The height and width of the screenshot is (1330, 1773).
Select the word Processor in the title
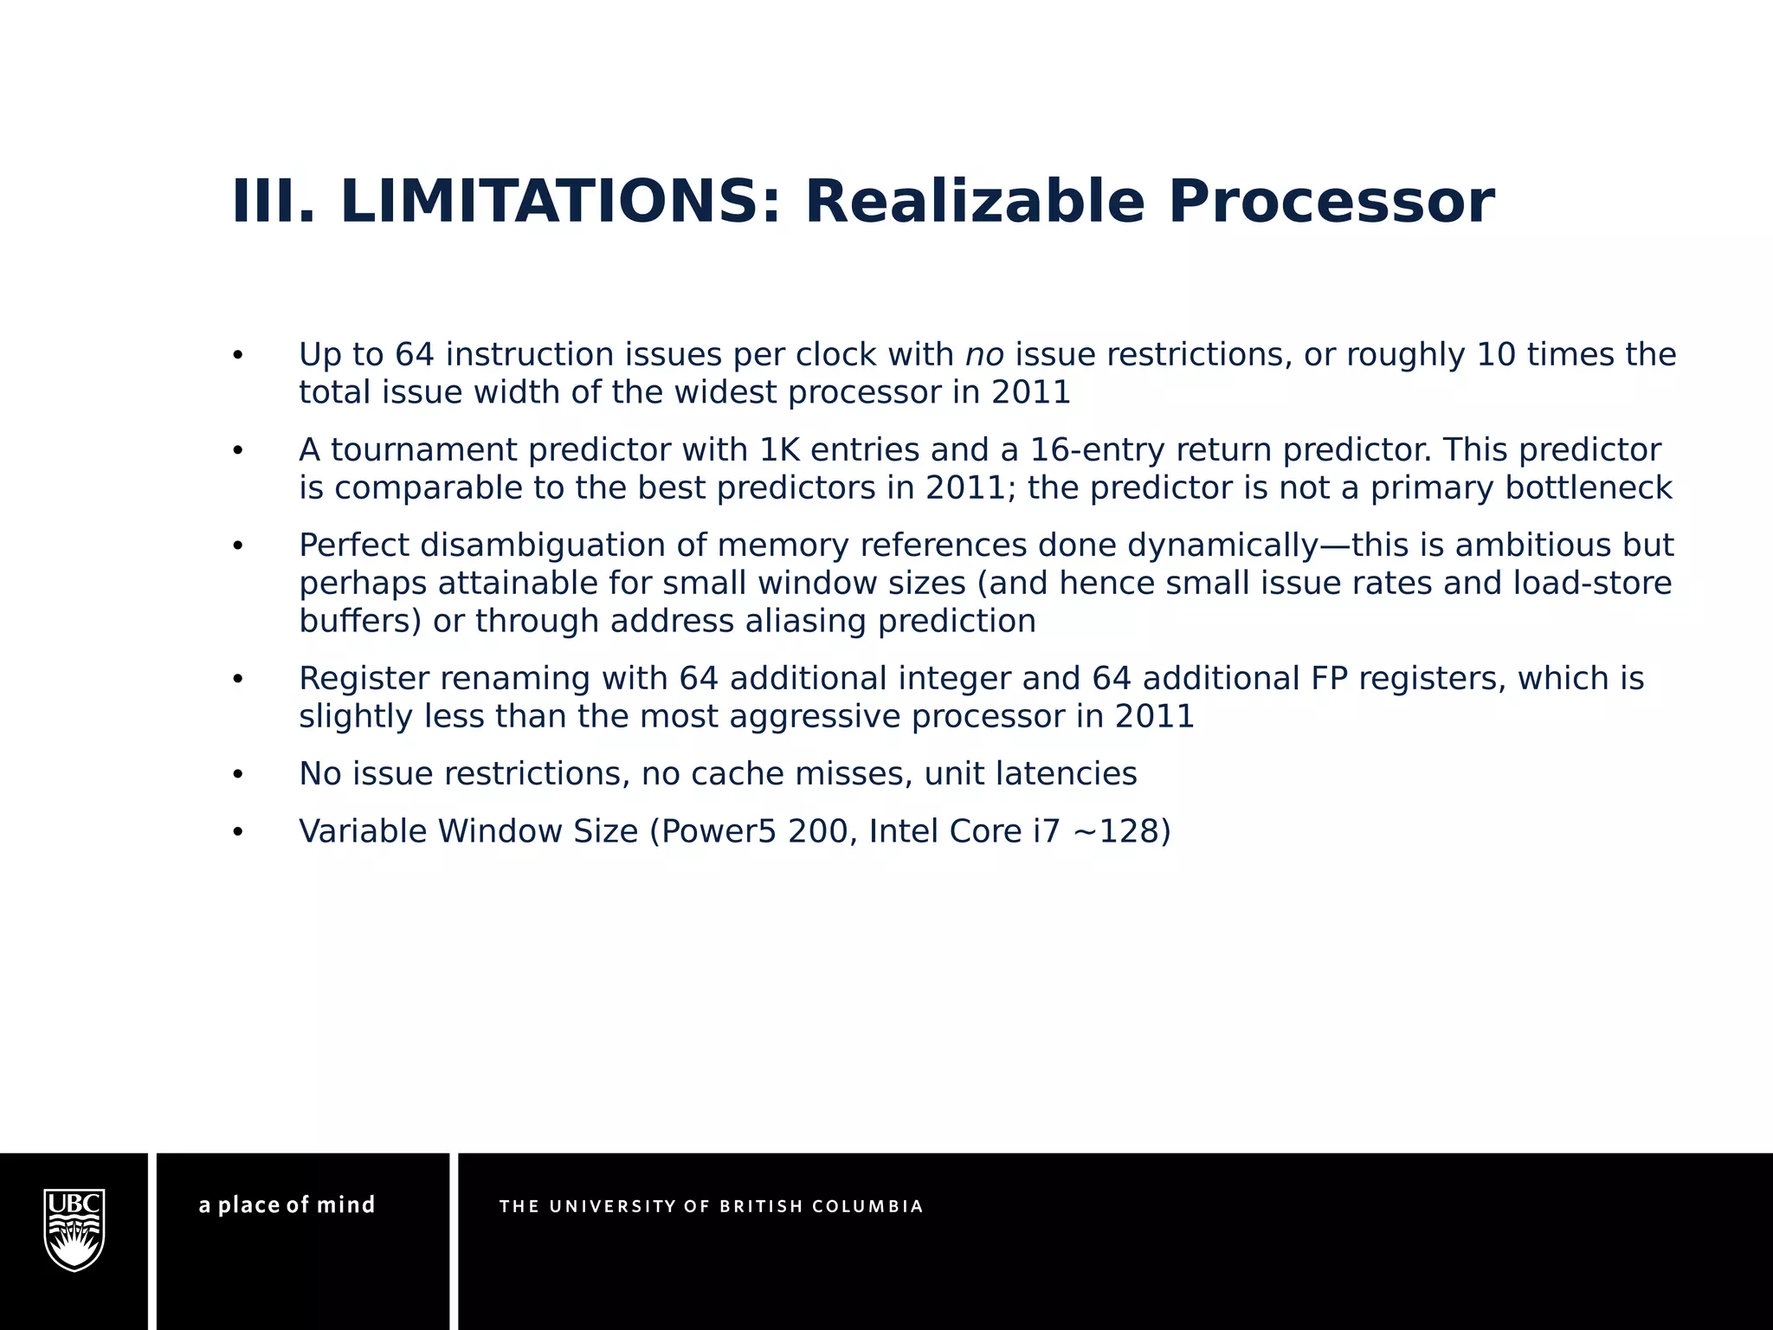pyautogui.click(x=1331, y=202)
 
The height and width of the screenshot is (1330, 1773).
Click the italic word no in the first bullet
pyautogui.click(x=983, y=355)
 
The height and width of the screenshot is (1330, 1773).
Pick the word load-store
pyautogui.click(x=1592, y=584)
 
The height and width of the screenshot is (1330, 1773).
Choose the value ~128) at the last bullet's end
pyautogui.click(x=1121, y=831)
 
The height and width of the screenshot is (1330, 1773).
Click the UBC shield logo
pyautogui.click(x=74, y=1230)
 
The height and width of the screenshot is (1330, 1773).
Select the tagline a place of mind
pyautogui.click(x=287, y=1205)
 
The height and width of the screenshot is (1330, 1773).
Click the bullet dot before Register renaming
pyautogui.click(x=238, y=680)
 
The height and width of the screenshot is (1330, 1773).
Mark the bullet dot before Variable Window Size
pyautogui.click(x=238, y=832)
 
